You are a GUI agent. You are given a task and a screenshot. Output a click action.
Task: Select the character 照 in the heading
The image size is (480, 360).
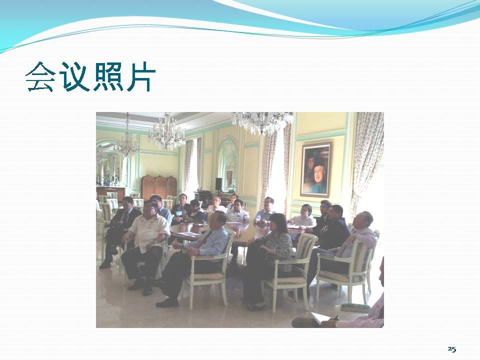pyautogui.click(x=108, y=77)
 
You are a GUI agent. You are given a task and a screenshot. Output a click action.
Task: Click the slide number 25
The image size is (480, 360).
pyautogui.click(x=452, y=349)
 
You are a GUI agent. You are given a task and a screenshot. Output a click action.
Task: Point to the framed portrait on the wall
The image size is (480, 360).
pyautogui.click(x=315, y=169)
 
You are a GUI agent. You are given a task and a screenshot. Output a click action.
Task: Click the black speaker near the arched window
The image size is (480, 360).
pyautogui.click(x=218, y=183)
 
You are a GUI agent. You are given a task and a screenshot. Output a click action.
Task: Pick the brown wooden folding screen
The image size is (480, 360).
pyautogui.click(x=159, y=186)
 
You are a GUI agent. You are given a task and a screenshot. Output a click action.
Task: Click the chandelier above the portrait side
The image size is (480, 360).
pyautogui.click(x=262, y=122)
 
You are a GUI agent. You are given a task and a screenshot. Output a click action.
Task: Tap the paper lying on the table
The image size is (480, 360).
pyautogui.click(x=189, y=234)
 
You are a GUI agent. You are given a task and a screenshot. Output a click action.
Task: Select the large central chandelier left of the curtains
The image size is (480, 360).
pyautogui.click(x=166, y=134)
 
